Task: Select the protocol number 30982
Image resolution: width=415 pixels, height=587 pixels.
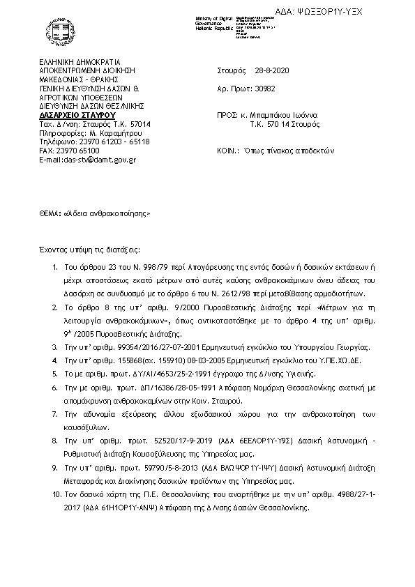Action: click(x=263, y=89)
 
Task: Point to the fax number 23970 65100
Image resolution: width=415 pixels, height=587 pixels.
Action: click(x=79, y=151)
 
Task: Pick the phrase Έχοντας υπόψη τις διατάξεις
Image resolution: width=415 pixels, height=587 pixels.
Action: click(x=89, y=249)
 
